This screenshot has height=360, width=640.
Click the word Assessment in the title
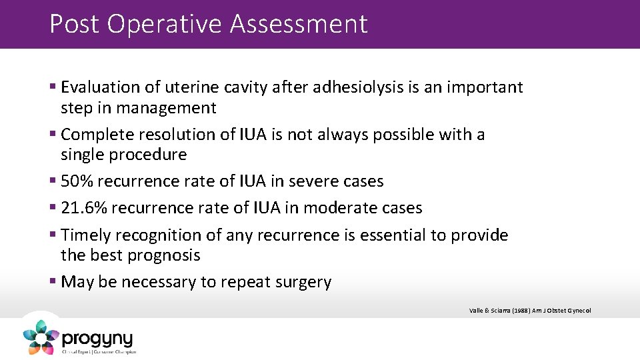pyautogui.click(x=299, y=24)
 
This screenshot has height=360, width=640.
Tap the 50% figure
pyautogui.click(x=77, y=181)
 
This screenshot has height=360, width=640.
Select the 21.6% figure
pyautogui.click(x=84, y=208)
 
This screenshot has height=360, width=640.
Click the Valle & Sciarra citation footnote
pyautogui.click(x=530, y=310)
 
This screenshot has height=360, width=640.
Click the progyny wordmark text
pyautogui.click(x=98, y=339)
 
